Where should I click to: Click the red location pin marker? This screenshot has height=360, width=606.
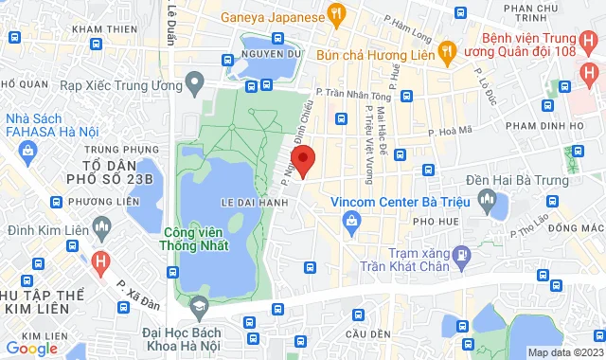[303, 160]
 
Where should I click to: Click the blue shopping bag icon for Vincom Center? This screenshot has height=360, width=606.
[352, 223]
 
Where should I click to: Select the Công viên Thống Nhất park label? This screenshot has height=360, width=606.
[201, 243]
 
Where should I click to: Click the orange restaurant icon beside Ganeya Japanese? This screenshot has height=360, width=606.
[333, 15]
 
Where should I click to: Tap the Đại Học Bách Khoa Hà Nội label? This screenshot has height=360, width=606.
[195, 337]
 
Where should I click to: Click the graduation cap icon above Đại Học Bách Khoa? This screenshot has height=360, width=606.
[199, 307]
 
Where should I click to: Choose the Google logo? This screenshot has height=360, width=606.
[31, 348]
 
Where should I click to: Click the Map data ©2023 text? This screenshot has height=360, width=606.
[565, 352]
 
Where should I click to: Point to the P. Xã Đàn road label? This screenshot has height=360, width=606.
[132, 290]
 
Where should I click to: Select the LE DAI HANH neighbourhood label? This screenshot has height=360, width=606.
[226, 201]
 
